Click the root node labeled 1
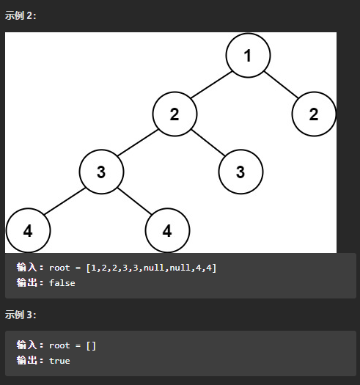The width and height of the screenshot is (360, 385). pyautogui.click(x=248, y=56)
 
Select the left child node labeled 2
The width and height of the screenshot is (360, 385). pyautogui.click(x=175, y=114)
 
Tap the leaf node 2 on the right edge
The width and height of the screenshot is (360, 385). pyautogui.click(x=314, y=114)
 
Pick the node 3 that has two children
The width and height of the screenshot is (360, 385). pyautogui.click(x=101, y=172)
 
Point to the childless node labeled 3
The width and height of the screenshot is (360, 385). pyautogui.click(x=240, y=172)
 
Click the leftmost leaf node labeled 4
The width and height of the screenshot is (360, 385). pyautogui.click(x=28, y=230)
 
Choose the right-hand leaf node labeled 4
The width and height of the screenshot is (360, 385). pyautogui.click(x=167, y=230)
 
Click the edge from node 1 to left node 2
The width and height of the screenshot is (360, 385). pyautogui.click(x=211, y=85)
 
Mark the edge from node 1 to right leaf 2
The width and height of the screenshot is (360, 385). pyautogui.click(x=281, y=85)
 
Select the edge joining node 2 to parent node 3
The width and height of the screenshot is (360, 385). pyautogui.click(x=138, y=143)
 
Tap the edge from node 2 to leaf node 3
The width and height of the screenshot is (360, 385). pyautogui.click(x=208, y=143)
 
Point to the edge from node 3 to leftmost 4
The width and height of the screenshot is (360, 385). pyautogui.click(x=65, y=201)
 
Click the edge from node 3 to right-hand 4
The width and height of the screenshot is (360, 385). pyautogui.click(x=134, y=201)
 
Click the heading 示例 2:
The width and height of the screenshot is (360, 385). pyautogui.click(x=21, y=15)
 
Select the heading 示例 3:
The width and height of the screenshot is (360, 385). pyautogui.click(x=21, y=315)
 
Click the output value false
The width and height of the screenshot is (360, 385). pyautogui.click(x=62, y=283)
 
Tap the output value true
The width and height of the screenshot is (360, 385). pyautogui.click(x=59, y=361)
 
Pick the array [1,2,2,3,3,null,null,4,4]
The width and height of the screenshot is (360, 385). pyautogui.click(x=151, y=268)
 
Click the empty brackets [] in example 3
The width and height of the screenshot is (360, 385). pyautogui.click(x=91, y=345)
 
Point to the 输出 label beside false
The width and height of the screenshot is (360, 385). pyautogui.click(x=27, y=282)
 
